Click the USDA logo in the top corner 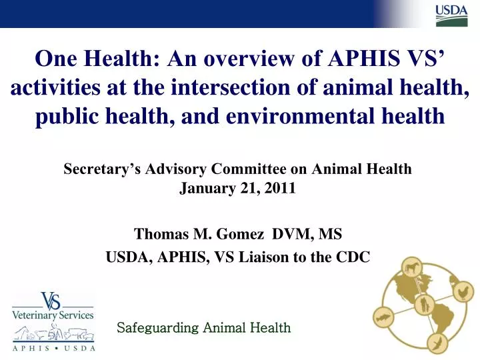451,15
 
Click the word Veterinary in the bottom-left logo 31,314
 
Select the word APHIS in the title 363,60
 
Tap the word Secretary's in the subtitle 99,169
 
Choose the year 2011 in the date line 280,187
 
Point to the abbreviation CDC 354,258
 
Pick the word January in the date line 204,187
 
